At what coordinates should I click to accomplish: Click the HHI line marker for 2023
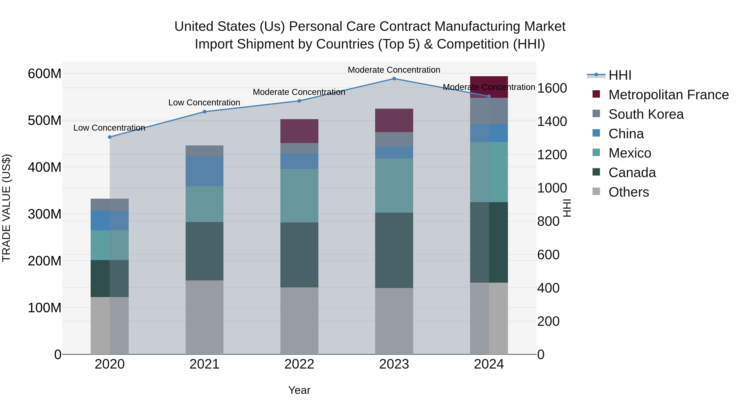pyautogui.click(x=394, y=79)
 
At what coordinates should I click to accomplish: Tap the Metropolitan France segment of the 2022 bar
pyautogui.click(x=299, y=131)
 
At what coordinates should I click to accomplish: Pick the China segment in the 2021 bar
pyautogui.click(x=204, y=171)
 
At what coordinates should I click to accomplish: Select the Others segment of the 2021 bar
pyautogui.click(x=204, y=317)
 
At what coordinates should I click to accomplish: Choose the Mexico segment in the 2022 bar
pyautogui.click(x=299, y=196)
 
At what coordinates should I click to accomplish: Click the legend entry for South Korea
pyautogui.click(x=646, y=114)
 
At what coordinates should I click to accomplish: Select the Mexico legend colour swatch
pyautogui.click(x=596, y=152)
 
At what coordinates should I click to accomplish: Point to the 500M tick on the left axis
pyautogui.click(x=45, y=121)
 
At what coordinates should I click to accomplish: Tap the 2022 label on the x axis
pyautogui.click(x=299, y=364)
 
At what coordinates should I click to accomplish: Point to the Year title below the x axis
pyautogui.click(x=299, y=390)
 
